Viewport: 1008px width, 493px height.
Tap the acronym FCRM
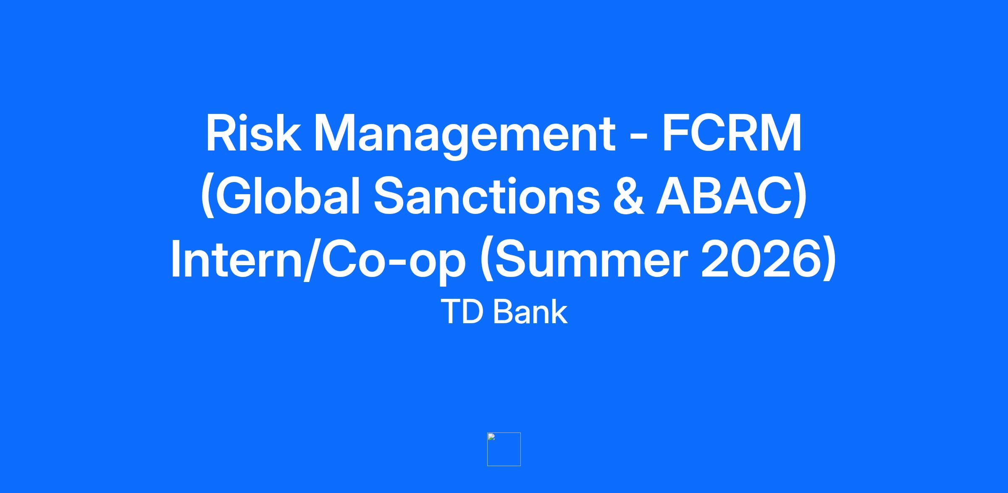tap(732, 134)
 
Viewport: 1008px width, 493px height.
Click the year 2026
tap(761, 259)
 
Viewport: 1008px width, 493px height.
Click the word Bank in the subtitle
tap(530, 312)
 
